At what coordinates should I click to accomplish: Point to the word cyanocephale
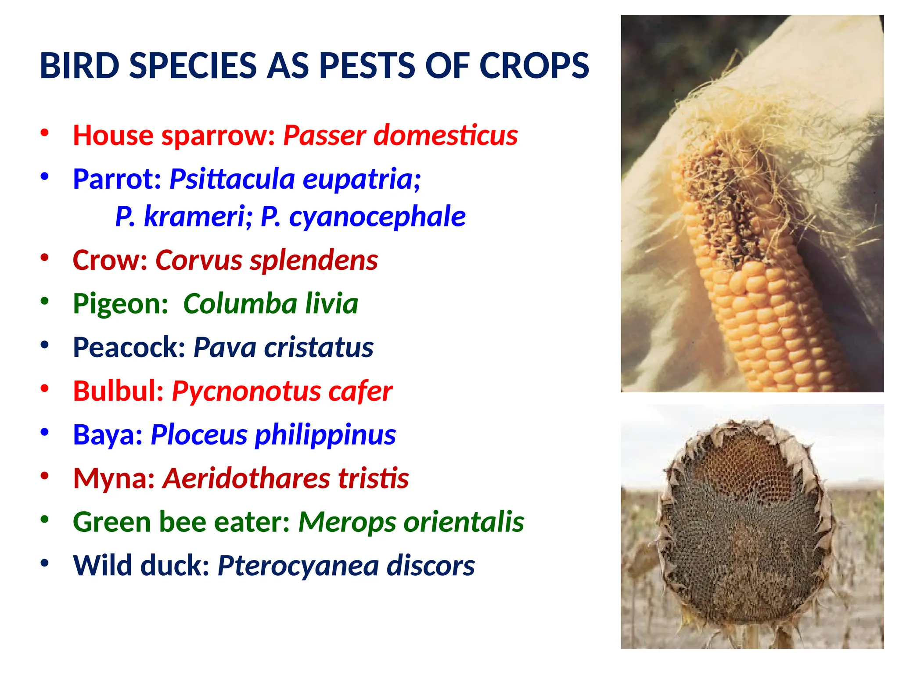click(377, 216)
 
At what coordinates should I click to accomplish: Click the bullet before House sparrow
click(44, 133)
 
